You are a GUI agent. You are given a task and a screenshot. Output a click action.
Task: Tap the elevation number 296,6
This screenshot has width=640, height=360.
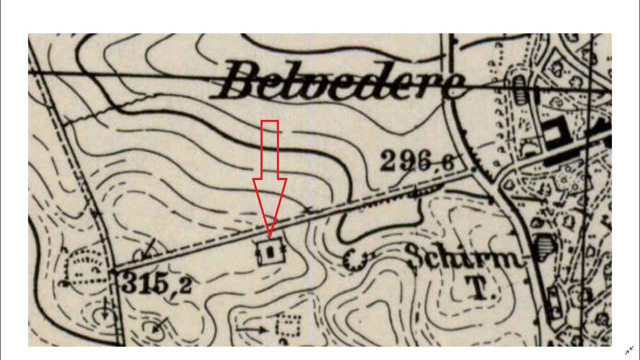coord(416,161)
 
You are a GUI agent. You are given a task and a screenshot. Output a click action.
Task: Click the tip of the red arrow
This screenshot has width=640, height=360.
coord(269,236)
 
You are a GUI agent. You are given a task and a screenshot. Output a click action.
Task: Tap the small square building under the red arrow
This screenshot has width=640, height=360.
coord(270,252)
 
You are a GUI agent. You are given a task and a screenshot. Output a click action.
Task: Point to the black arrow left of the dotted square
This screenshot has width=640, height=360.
coord(253,329)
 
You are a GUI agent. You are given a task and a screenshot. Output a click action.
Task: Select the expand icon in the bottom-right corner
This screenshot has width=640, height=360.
coord(629,350)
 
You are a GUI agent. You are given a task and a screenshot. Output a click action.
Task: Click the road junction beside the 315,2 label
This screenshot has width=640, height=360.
coord(114,271)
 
